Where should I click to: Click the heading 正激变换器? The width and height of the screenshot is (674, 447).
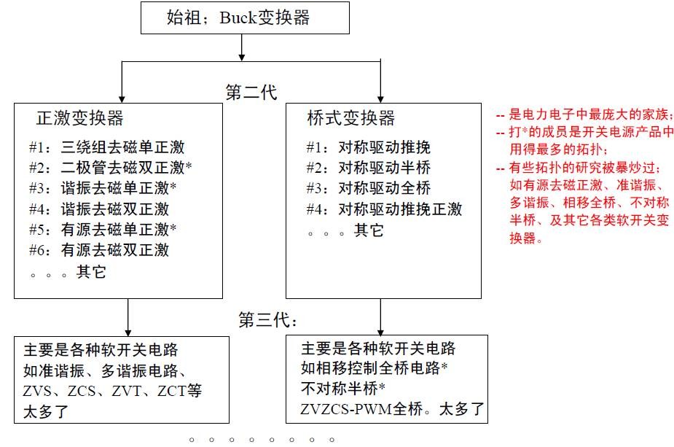point(79,117)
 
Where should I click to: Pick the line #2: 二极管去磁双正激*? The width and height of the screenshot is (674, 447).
point(110,167)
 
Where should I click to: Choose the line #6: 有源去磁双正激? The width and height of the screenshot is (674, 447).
point(99,249)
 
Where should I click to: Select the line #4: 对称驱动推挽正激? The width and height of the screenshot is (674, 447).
point(384,209)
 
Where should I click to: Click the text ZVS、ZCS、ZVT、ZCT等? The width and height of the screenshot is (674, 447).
point(112,390)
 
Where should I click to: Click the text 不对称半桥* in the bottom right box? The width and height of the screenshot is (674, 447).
point(342,388)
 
